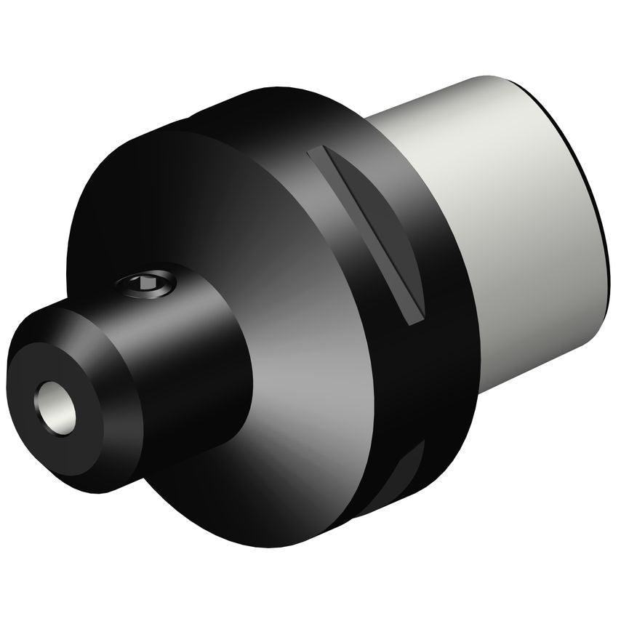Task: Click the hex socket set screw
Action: click(x=149, y=286)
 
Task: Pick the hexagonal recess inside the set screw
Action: click(x=148, y=285)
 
